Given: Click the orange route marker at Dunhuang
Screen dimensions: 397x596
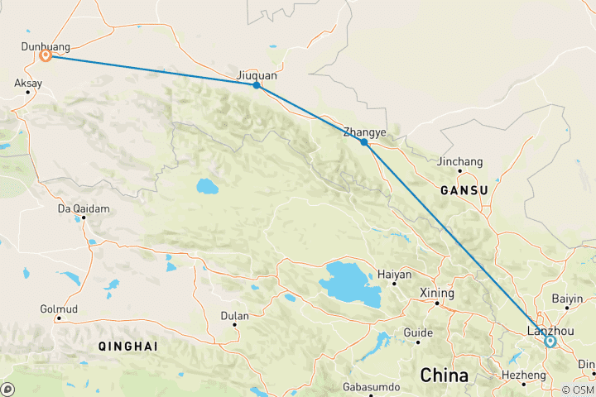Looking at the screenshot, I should pyautogui.click(x=46, y=55).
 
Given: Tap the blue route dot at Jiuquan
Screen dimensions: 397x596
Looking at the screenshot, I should pyautogui.click(x=257, y=85).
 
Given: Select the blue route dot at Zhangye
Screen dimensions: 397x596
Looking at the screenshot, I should pyautogui.click(x=364, y=142).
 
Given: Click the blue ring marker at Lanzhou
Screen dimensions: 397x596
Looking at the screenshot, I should pyautogui.click(x=550, y=340).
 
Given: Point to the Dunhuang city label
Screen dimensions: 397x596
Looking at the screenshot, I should pyautogui.click(x=46, y=47).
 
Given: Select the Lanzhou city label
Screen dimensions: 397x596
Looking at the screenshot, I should pyautogui.click(x=550, y=332).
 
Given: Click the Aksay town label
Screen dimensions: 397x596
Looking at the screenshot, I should pyautogui.click(x=27, y=84).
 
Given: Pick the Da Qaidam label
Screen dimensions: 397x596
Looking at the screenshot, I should pyautogui.click(x=83, y=208).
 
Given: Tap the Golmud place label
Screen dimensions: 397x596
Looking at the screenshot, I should pyautogui.click(x=59, y=309).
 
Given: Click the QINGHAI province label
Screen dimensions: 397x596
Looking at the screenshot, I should pyautogui.click(x=127, y=345).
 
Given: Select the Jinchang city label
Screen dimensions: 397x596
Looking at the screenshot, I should pyautogui.click(x=460, y=162).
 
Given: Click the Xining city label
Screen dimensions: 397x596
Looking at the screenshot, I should pyautogui.click(x=437, y=294).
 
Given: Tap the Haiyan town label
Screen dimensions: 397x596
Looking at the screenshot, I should pyautogui.click(x=394, y=274).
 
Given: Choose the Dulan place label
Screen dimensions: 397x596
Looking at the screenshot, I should pyautogui.click(x=234, y=314).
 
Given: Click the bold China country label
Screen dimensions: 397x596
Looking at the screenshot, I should pyautogui.click(x=445, y=375).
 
